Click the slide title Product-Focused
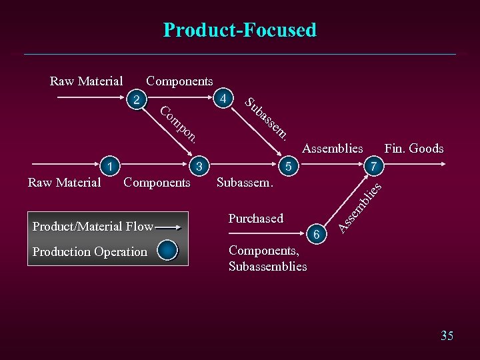tap(240, 30)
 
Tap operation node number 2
tap(137, 101)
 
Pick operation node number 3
tap(199, 165)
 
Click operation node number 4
tap(225, 99)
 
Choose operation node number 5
tap(288, 165)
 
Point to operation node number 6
tap(317, 234)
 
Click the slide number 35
tap(447, 335)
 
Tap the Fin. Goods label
tap(413, 149)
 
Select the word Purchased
tap(255, 219)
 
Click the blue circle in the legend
tap(168, 251)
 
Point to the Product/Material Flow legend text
tap(93, 227)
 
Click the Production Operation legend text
tap(89, 252)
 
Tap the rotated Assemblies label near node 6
tap(359, 207)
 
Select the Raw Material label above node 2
tap(86, 81)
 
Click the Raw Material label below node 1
tap(64, 182)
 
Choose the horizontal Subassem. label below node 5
tap(245, 182)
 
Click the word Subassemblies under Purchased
tap(267, 267)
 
